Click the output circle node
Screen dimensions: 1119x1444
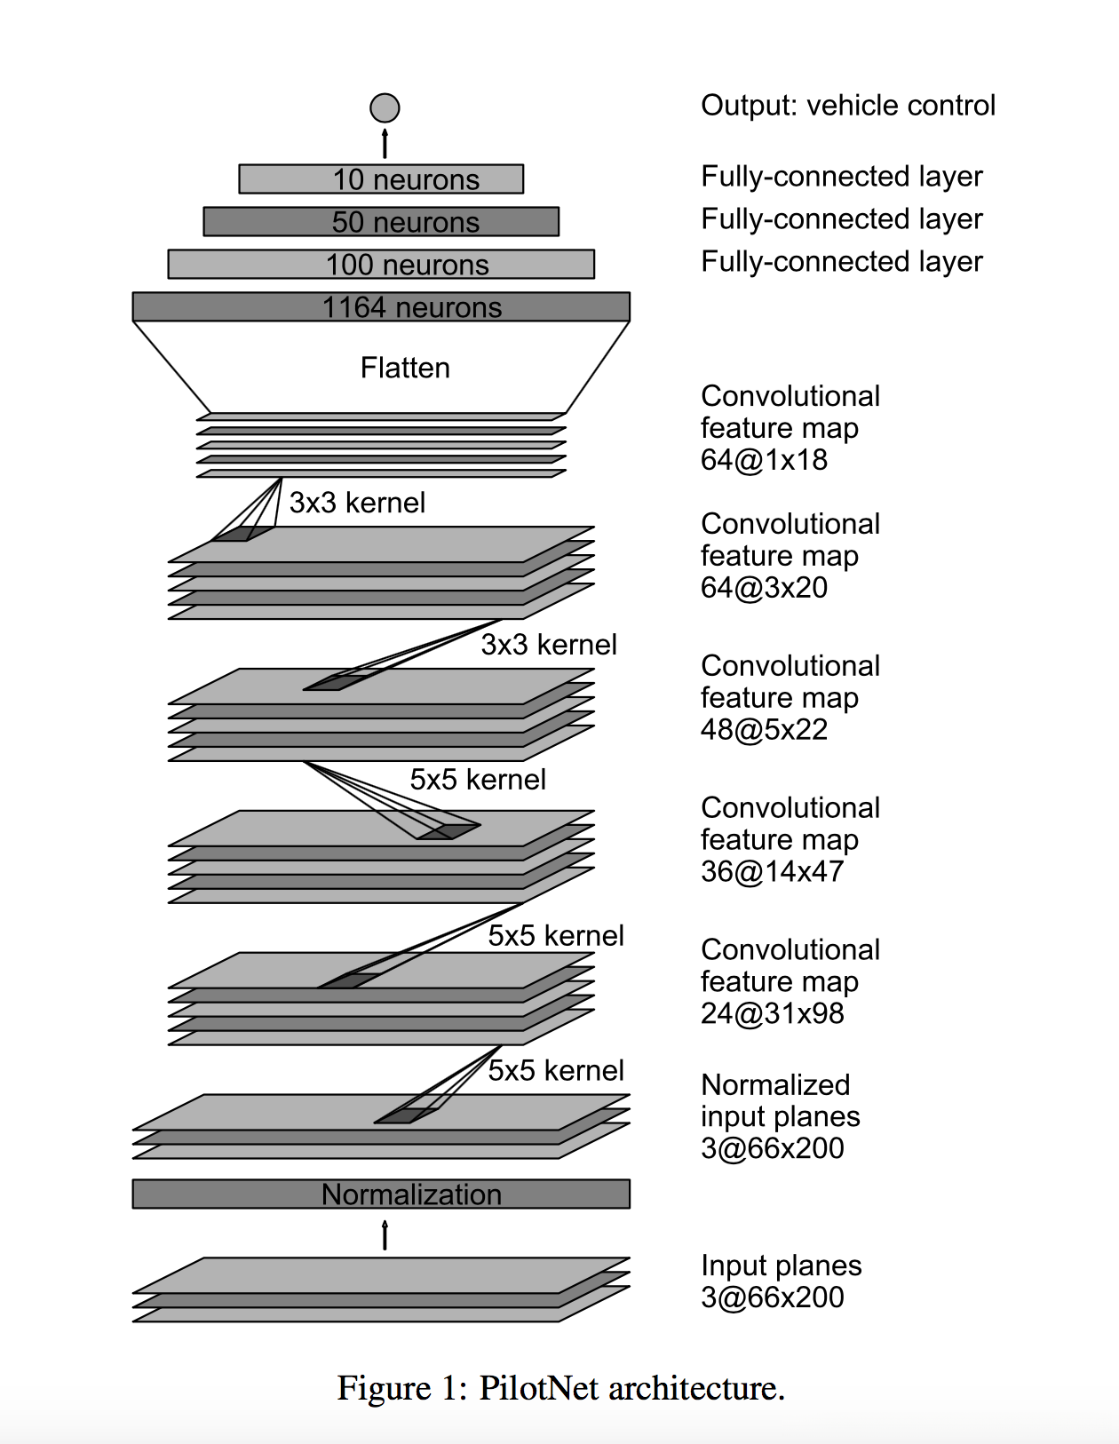tap(385, 107)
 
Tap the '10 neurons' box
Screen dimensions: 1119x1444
tap(381, 179)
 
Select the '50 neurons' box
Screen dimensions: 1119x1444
tap(381, 221)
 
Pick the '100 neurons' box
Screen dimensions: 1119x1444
tap(381, 264)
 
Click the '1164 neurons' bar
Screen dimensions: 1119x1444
tap(381, 306)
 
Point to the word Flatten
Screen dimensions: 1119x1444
tap(405, 368)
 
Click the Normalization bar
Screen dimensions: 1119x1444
tap(381, 1194)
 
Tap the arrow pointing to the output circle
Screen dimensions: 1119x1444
tap(385, 143)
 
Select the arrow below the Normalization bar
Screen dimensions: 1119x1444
tap(385, 1234)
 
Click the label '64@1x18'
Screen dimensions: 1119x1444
tap(764, 460)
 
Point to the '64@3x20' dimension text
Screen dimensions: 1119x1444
tap(764, 587)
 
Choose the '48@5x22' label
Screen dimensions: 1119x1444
tap(764, 730)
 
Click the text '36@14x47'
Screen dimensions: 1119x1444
tap(772, 871)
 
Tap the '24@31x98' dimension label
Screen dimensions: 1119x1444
tap(772, 1013)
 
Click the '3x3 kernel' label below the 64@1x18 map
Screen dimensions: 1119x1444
tap(358, 503)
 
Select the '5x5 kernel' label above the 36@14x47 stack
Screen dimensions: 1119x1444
tap(478, 780)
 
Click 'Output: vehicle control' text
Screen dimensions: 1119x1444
tap(848, 106)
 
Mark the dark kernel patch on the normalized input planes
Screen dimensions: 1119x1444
tap(407, 1115)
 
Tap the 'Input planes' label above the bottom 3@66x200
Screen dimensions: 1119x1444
tap(782, 1265)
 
